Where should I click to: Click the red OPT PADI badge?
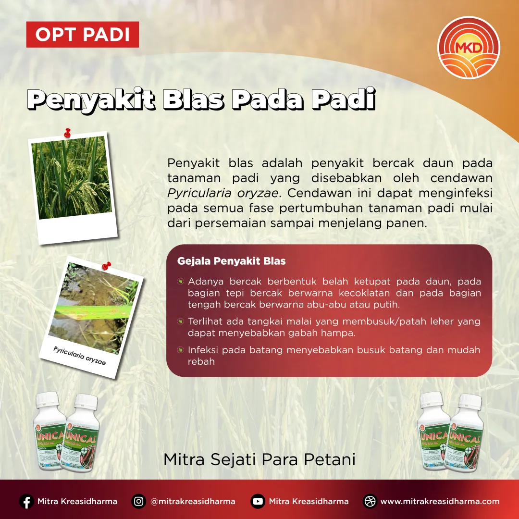point(82,35)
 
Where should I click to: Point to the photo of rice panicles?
point(72,177)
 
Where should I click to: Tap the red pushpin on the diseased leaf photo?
point(106,265)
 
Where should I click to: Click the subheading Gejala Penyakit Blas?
point(232,261)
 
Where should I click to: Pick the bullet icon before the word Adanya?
point(180,281)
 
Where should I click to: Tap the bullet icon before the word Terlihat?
point(180,321)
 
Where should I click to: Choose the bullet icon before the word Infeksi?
point(180,350)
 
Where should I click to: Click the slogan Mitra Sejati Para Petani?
point(259,459)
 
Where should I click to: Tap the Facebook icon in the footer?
point(26,501)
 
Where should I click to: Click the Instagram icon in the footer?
point(138,501)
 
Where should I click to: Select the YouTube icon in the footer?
point(258,501)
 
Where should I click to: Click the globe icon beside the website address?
point(370,501)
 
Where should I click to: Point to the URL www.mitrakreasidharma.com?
point(440,501)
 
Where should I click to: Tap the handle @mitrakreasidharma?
point(193,501)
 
